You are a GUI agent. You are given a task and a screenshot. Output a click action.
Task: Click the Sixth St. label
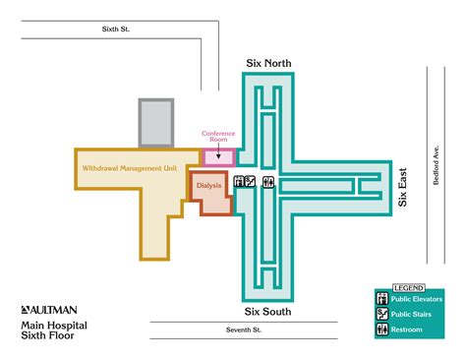click(x=116, y=29)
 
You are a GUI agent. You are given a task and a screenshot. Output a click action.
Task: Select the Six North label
click(x=268, y=63)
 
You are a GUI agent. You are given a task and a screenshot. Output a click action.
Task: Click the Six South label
click(x=268, y=284)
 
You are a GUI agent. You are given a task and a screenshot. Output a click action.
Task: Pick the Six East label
click(x=402, y=185)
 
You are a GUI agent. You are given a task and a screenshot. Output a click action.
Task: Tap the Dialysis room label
click(x=209, y=184)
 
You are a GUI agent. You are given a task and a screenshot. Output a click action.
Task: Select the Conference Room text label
click(x=218, y=136)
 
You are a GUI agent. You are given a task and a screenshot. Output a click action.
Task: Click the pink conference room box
click(x=218, y=155)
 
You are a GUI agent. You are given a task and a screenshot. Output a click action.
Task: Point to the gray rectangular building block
click(x=155, y=123)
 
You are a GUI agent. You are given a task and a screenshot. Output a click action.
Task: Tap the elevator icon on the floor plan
click(x=239, y=182)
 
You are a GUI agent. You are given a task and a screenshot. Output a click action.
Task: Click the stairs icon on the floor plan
click(x=251, y=182)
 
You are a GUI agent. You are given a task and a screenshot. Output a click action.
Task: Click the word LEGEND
click(x=408, y=287)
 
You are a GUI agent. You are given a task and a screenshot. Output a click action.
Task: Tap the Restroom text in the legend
click(x=407, y=330)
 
